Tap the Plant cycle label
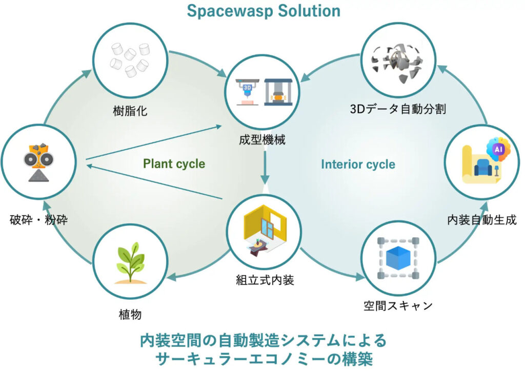point(174,164)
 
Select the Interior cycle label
point(358,164)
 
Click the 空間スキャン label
point(398,306)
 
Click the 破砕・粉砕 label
point(39,220)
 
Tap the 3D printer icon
point(247,92)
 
